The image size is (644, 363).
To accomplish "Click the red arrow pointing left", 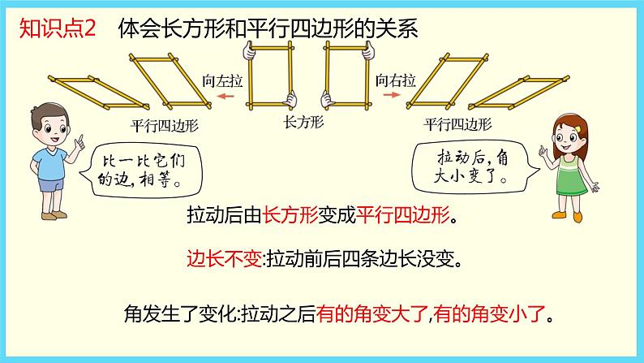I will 225,95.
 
